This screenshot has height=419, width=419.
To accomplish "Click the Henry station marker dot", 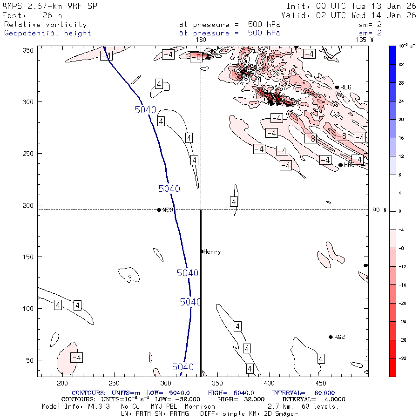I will pos(202,251).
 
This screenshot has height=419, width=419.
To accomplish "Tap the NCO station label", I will pos(168,210).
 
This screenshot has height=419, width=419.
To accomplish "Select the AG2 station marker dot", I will pos(331,337).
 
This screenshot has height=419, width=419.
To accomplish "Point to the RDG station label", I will pos(345,88).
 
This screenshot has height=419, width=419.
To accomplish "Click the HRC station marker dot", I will pos(340,165).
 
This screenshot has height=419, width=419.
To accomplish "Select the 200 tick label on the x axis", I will pos(62,383).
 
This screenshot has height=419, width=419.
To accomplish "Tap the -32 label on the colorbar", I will pos(401,358).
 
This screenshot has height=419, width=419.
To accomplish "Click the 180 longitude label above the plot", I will pos(201,40).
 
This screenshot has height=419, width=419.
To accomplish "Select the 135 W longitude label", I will pos(365,40).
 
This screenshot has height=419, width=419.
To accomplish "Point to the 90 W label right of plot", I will pos(379,210).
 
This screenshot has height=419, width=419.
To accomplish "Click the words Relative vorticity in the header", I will pos(45,25).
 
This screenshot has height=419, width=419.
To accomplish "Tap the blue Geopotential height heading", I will pos(47,33).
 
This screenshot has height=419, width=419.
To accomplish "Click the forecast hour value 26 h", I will pos(55,15).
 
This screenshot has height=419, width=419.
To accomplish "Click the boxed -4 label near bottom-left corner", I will pos(76,358).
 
